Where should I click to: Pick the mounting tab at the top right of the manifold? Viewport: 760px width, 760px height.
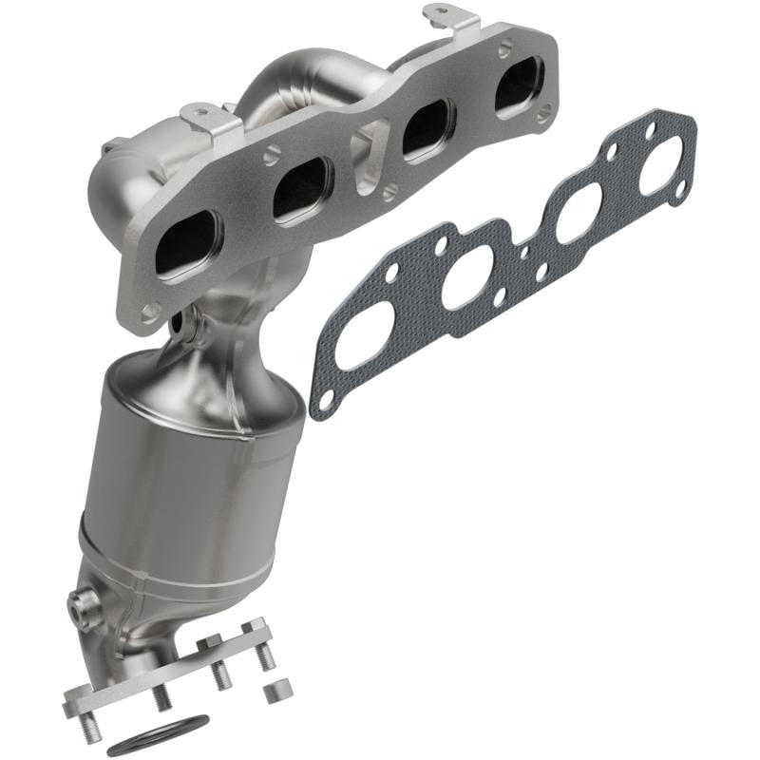tap(446, 16)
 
